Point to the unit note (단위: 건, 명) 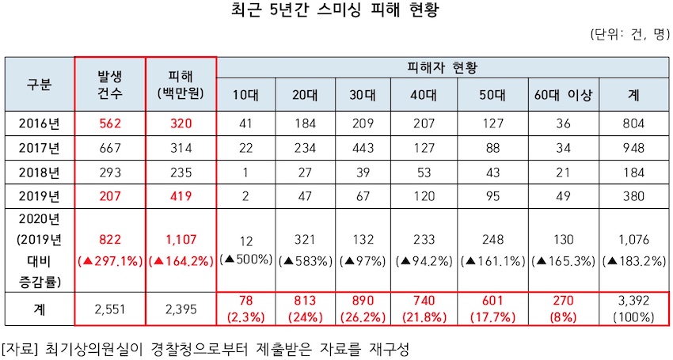point(629,36)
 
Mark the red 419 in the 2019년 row point(181,196)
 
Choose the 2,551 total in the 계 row point(111,309)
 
